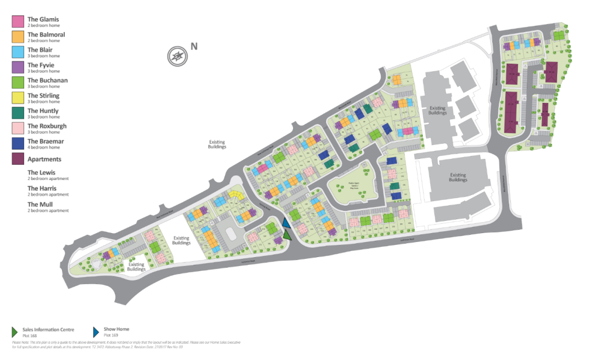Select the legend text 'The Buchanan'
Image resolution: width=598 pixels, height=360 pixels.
click(47, 80)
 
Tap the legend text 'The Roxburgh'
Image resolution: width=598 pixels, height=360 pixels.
click(47, 126)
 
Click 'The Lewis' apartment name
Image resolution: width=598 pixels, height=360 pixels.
click(41, 172)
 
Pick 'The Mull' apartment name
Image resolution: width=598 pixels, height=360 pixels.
click(40, 204)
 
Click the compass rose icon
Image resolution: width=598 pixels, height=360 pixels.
click(177, 56)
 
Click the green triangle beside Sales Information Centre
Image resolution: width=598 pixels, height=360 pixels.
click(15, 331)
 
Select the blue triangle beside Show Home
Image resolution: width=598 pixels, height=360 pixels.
click(97, 331)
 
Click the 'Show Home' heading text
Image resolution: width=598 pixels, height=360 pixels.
click(117, 329)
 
